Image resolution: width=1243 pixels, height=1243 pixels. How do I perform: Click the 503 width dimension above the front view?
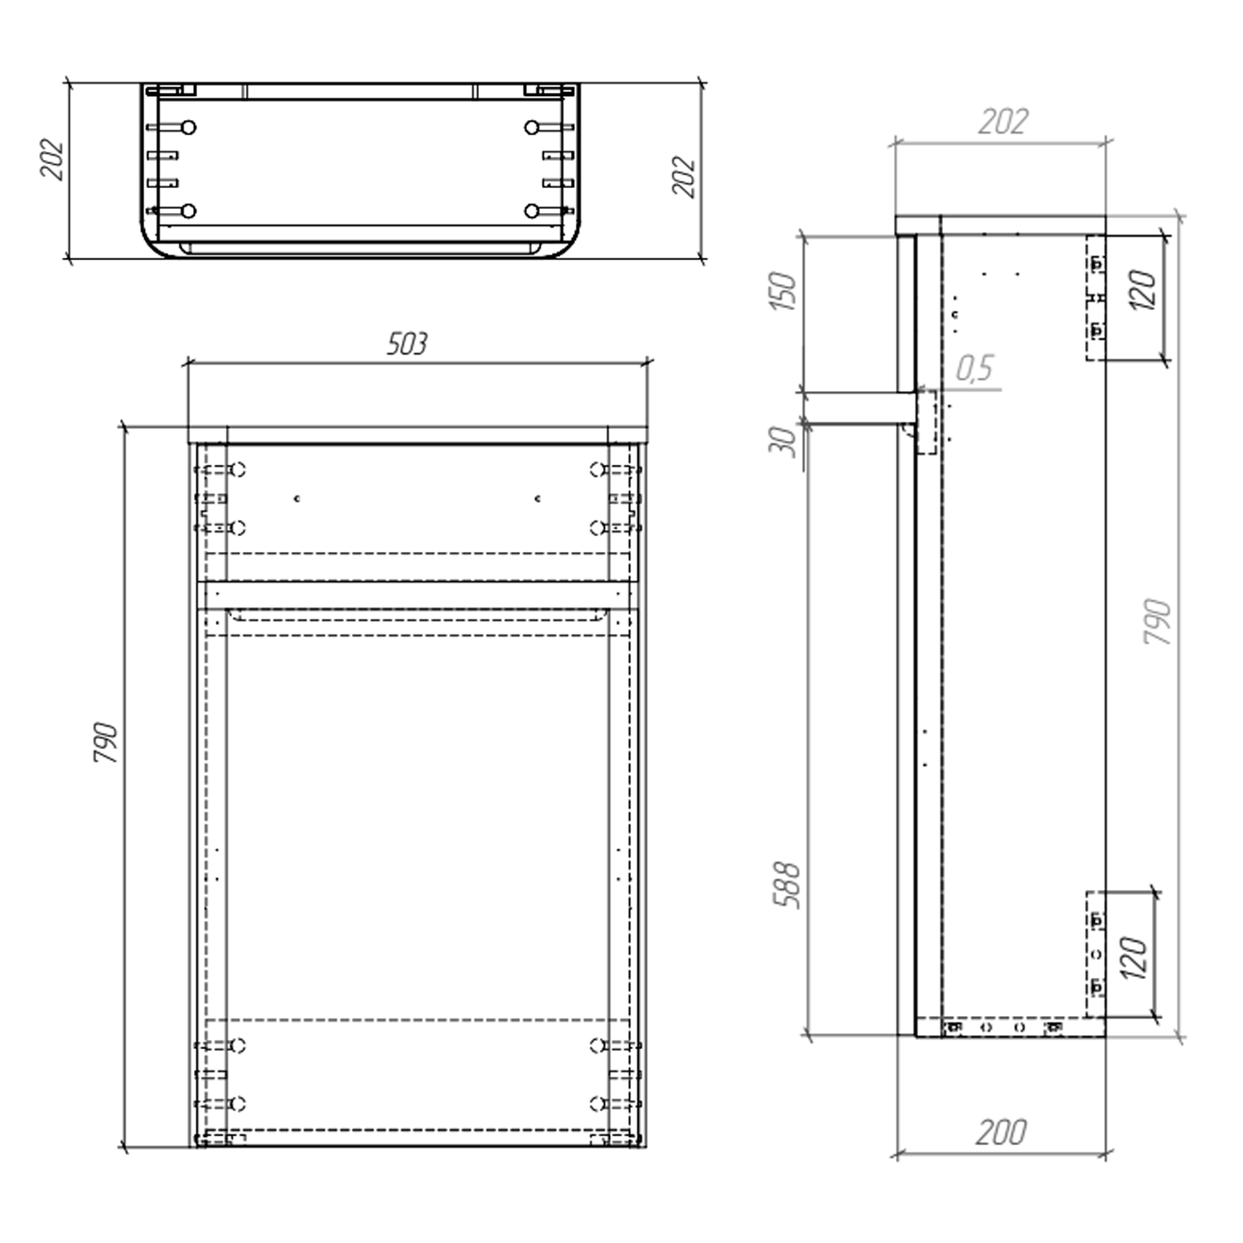click(407, 344)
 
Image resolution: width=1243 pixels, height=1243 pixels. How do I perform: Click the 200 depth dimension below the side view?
click(1001, 1132)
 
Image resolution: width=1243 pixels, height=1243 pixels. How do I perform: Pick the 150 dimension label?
click(783, 291)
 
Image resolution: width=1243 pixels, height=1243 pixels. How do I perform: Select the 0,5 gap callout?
click(975, 368)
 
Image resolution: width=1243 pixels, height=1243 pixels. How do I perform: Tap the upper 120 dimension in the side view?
click(1143, 290)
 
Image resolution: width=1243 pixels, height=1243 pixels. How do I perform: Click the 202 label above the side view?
click(1003, 123)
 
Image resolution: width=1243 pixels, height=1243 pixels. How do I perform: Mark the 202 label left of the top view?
click(52, 159)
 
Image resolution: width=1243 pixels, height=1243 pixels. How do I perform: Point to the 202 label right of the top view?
click(684, 177)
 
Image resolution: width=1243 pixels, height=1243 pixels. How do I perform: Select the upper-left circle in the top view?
click(189, 128)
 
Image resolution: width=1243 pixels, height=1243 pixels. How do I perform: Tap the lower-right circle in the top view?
click(531, 211)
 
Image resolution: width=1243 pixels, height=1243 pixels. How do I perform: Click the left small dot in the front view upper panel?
click(297, 499)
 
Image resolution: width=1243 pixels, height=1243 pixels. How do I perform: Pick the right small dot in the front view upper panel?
click(538, 499)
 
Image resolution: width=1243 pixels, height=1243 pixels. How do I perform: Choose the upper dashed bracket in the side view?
click(1095, 297)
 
